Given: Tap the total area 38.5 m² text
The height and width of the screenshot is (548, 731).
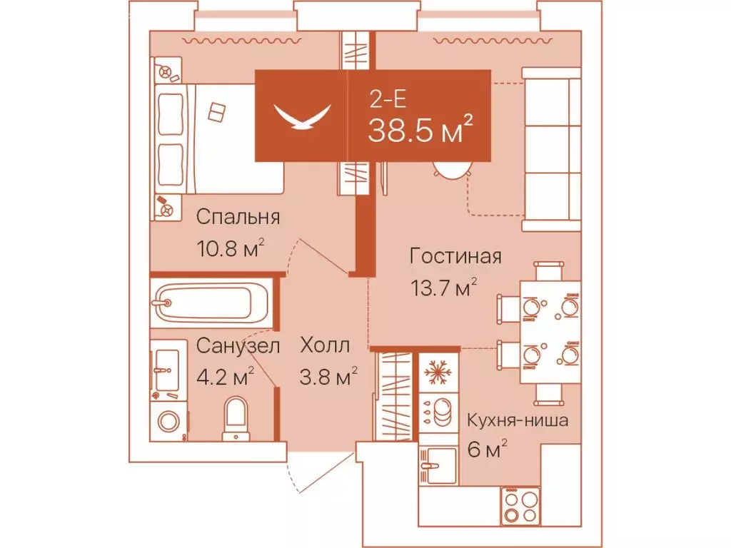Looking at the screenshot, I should coord(420,131).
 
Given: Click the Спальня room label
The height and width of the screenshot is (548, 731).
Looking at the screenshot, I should coord(238,217).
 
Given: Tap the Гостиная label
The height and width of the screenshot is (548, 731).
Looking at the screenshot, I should coord(455,256).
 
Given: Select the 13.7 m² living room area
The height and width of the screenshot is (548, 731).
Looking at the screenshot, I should coord(443,288).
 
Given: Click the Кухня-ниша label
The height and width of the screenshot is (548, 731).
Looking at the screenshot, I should coord(518,420).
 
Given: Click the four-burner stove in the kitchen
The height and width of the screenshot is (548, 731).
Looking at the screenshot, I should coord(520,506).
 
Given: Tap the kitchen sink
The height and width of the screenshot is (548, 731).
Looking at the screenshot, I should coord(436,465).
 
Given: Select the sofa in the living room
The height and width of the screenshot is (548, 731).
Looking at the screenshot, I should coord(551,150).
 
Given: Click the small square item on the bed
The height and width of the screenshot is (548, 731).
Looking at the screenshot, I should coord(217,111).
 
